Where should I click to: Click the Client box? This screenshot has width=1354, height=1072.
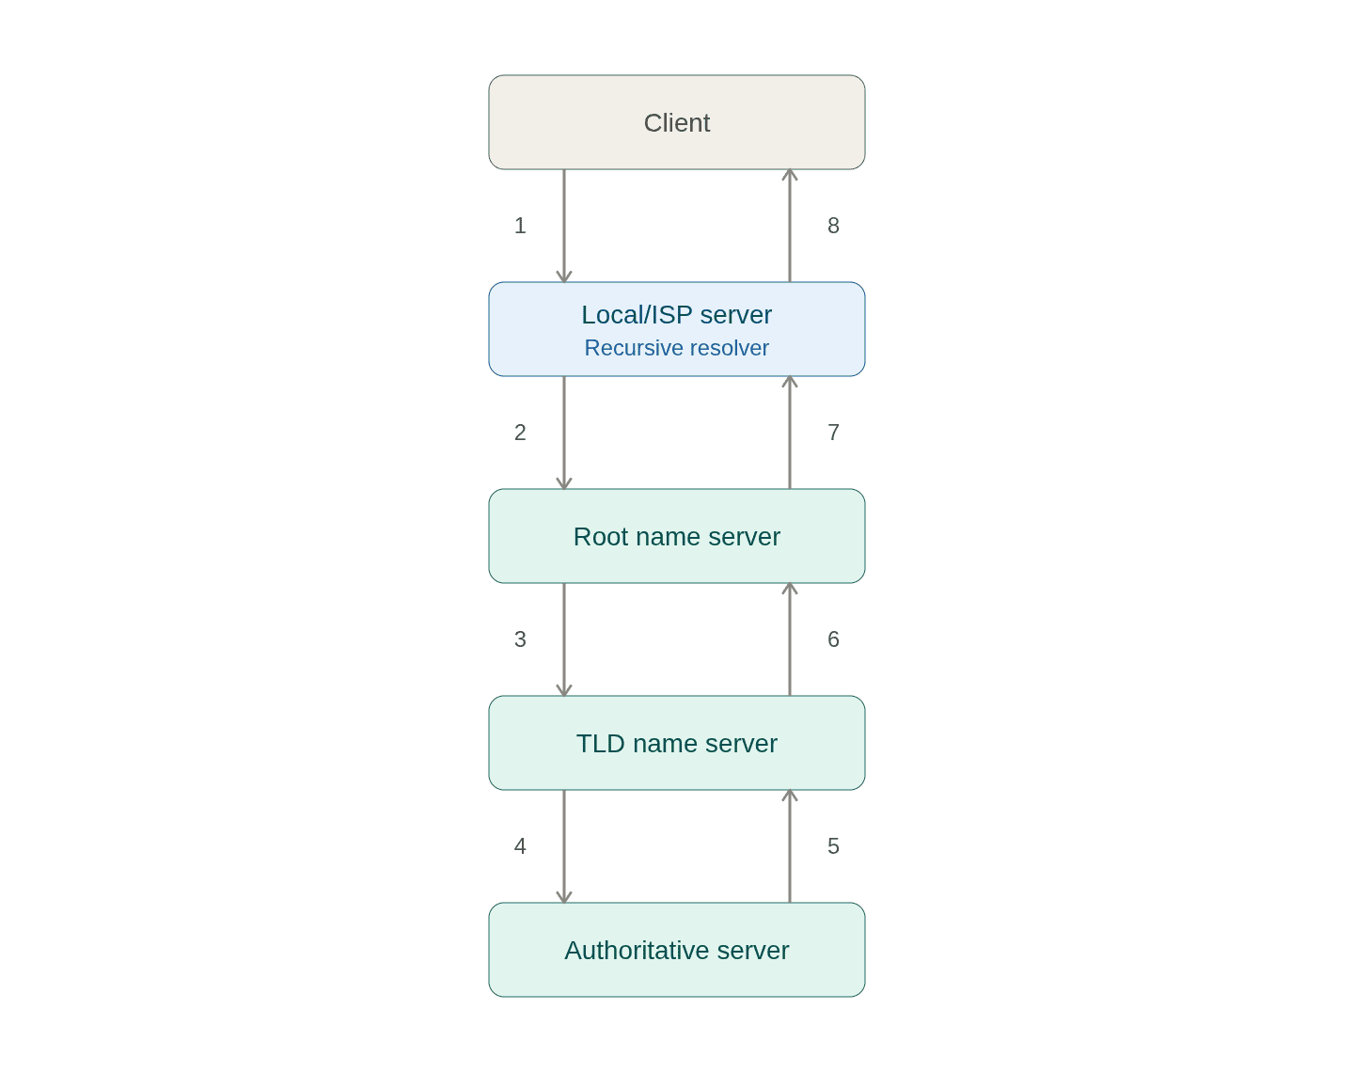(676, 122)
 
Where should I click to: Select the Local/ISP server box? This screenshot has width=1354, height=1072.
(676, 328)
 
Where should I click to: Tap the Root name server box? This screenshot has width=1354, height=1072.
(676, 536)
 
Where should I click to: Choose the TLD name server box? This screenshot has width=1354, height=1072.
(676, 743)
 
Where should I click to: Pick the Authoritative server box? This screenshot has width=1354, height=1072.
(676, 949)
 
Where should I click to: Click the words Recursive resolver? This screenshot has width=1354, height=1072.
(676, 348)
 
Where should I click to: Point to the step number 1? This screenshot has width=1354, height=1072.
(520, 226)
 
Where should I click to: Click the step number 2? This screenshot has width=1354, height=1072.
(520, 433)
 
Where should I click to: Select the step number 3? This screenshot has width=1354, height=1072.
(520, 638)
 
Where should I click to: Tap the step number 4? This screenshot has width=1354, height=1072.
(520, 846)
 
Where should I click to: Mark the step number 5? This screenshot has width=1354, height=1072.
(833, 846)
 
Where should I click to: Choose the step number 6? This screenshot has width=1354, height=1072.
(833, 638)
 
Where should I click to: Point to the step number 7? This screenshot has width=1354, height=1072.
(833, 433)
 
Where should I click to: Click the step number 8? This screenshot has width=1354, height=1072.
(833, 226)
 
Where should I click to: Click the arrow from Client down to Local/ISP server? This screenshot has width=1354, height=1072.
(564, 226)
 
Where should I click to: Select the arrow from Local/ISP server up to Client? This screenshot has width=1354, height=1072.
(790, 226)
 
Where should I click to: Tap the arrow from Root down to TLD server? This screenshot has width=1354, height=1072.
(564, 638)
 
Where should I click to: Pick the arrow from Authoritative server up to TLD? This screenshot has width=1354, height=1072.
(790, 846)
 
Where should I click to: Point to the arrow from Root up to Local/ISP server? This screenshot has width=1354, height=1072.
(790, 433)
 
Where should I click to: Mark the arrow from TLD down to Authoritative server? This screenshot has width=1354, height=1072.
(564, 846)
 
